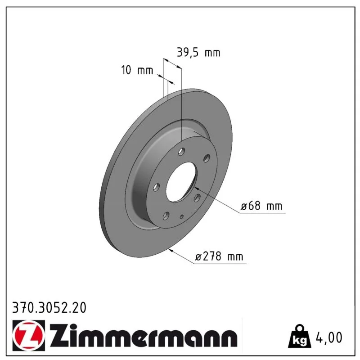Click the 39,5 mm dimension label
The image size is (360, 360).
coord(198,53)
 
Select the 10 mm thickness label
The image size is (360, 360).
coord(137,70)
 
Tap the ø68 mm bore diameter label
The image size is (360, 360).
coord(261,206)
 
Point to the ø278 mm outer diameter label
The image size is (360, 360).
coord(219,256)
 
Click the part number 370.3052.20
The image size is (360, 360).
coord(49,307)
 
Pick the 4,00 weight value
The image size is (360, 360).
coord(329,337)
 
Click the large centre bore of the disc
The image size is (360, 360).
coord(181,182)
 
